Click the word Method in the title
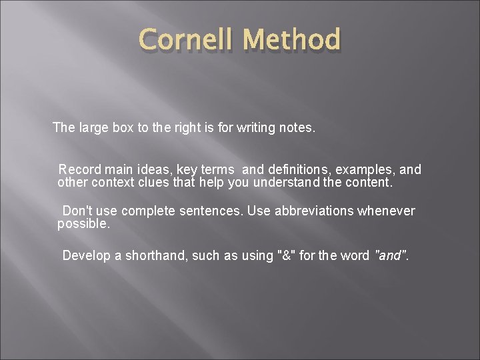coord(291,40)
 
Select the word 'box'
coord(125,127)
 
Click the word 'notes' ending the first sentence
coord(295,127)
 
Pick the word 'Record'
coord(79,170)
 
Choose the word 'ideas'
coord(154,170)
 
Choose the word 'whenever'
coord(387,211)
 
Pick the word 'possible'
coord(83,224)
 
